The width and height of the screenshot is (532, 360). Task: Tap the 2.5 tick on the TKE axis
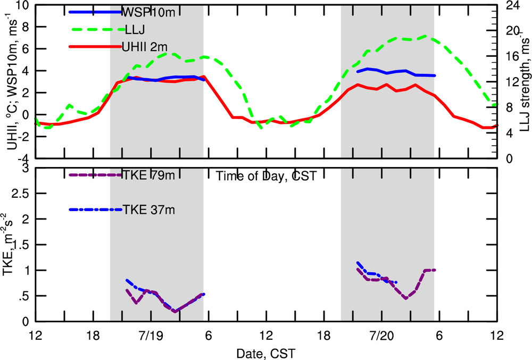[x=20, y=194]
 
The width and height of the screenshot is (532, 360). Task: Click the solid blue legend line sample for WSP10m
[x=95, y=12]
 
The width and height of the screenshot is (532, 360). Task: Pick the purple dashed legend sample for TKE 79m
[x=95, y=174]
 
